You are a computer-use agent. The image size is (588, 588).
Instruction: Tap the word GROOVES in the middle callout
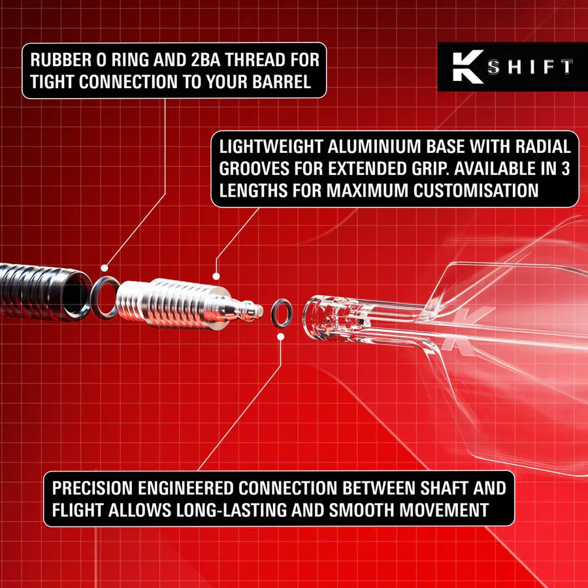(255, 169)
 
